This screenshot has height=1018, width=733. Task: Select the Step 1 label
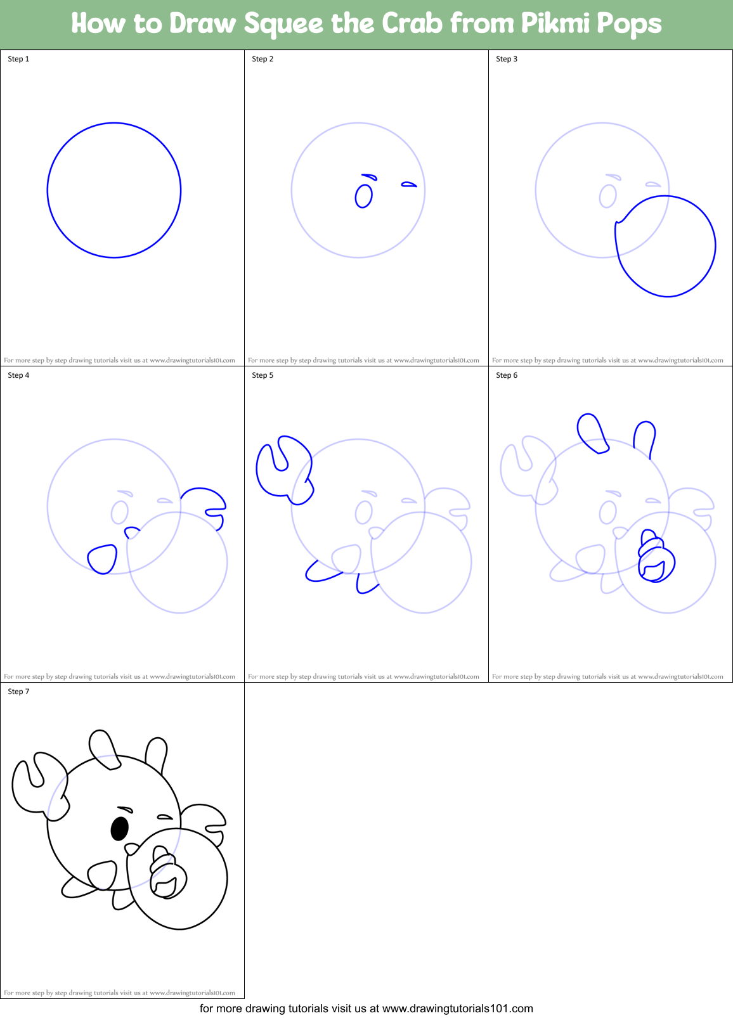pos(18,59)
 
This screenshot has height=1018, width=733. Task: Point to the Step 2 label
pos(263,59)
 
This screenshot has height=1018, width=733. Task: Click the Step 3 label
pos(507,59)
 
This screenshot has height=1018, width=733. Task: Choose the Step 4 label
pos(18,375)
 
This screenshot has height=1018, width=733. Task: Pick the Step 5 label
pos(263,375)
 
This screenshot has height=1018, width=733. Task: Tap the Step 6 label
pos(507,375)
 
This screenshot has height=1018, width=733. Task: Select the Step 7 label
pos(18,692)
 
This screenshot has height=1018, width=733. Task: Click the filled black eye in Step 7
pos(119,828)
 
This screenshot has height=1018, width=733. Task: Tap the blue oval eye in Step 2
pos(363,196)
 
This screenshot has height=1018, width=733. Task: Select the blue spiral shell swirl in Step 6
pos(656,558)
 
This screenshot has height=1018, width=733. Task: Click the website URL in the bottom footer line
pos(457,1008)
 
